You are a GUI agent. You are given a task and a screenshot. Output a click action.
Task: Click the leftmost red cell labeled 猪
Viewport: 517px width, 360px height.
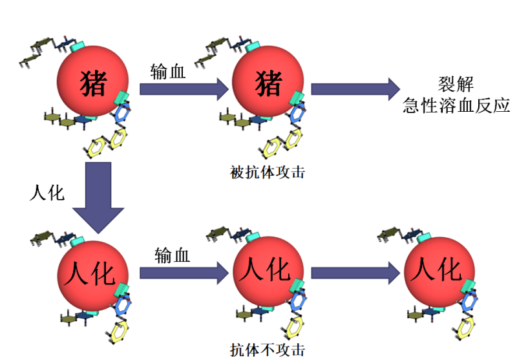pos(93,83)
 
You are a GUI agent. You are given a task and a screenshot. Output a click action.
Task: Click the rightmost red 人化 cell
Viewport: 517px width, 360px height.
pos(438,268)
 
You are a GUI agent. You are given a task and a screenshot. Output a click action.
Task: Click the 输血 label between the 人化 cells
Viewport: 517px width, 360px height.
pos(173,256)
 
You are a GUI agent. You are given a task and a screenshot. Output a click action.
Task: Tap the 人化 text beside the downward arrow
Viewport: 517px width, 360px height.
pos(47,193)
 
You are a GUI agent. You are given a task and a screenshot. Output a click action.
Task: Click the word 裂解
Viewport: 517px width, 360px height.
pos(456,85)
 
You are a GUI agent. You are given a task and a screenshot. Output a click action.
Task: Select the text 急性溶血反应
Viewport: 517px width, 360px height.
pos(456,106)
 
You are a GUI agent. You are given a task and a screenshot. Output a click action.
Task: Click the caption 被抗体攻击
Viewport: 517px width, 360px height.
pos(267,173)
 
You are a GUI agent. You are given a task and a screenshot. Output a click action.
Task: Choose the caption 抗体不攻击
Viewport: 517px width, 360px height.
pos(267,350)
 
